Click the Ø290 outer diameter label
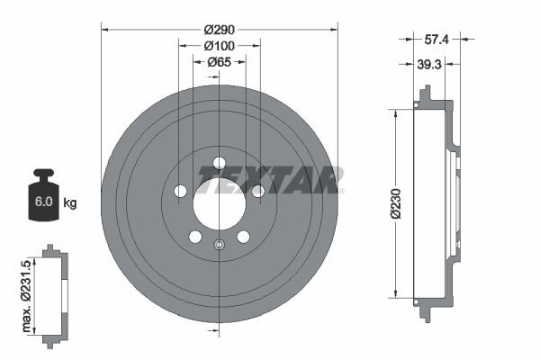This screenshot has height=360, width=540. point(219,30)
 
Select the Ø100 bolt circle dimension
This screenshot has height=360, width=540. point(219,46)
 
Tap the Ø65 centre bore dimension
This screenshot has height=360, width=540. point(219,62)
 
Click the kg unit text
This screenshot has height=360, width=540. point(71,203)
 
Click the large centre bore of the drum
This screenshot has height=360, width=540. point(219,199)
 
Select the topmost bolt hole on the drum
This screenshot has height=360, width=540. point(219,164)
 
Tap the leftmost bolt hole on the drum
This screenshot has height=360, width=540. point(179,191)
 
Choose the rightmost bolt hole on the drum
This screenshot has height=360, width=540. point(258,191)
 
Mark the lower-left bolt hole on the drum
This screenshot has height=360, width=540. point(194,237)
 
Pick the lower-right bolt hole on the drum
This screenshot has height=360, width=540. point(243,237)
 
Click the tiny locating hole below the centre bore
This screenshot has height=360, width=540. point(219,244)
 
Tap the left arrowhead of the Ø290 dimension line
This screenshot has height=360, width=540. point(105,30)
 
